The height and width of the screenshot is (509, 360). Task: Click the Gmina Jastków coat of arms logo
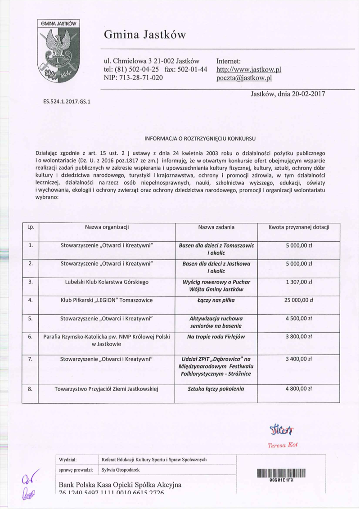(58, 53)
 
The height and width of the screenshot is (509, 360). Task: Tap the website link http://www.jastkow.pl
(248, 70)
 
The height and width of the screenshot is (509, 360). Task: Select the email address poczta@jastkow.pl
(245, 78)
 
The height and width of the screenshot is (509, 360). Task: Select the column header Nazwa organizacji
(107, 228)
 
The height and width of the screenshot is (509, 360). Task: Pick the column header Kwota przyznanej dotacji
(299, 228)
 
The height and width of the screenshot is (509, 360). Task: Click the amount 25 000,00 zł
(299, 300)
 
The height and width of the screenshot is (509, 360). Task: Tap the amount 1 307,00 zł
(299, 282)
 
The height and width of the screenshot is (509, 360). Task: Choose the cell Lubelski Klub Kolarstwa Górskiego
(107, 282)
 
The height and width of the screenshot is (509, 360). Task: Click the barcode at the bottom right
(281, 473)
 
